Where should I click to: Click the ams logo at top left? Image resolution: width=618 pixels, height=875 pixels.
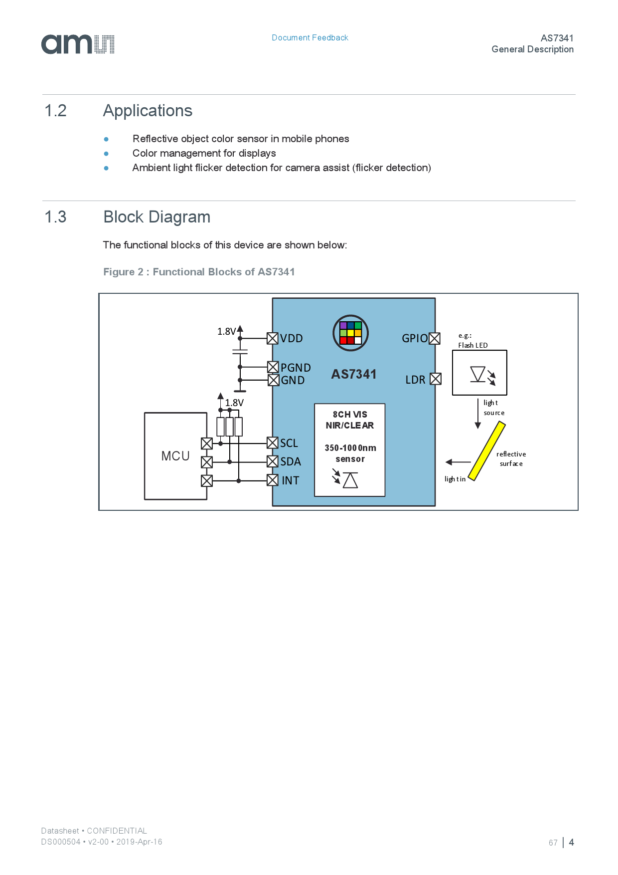coord(78,44)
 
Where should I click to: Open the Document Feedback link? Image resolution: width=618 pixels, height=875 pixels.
coord(309,38)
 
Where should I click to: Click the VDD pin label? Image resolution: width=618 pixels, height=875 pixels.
coord(291,338)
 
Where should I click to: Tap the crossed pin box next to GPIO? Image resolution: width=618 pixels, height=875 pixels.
coord(435,338)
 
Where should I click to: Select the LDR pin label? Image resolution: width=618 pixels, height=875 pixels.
coord(415,380)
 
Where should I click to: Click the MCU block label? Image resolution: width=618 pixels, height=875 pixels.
coord(175,456)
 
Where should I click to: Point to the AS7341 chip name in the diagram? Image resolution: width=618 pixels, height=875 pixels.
coord(354,374)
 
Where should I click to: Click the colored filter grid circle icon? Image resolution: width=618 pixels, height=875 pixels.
coord(350,333)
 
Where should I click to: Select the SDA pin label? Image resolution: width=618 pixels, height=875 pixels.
coord(291,461)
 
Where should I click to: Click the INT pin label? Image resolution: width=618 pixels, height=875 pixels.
coord(290,480)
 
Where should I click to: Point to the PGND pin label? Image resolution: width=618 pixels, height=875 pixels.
coord(296,368)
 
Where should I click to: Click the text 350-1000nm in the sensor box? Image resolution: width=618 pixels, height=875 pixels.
coord(350,448)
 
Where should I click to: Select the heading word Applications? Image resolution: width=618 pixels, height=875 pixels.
coord(148,111)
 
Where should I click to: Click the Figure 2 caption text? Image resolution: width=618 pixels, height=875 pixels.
coord(199,272)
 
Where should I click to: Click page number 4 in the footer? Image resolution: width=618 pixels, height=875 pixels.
coord(571,842)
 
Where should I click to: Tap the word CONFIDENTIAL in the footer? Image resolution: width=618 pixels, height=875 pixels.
coord(117,831)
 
